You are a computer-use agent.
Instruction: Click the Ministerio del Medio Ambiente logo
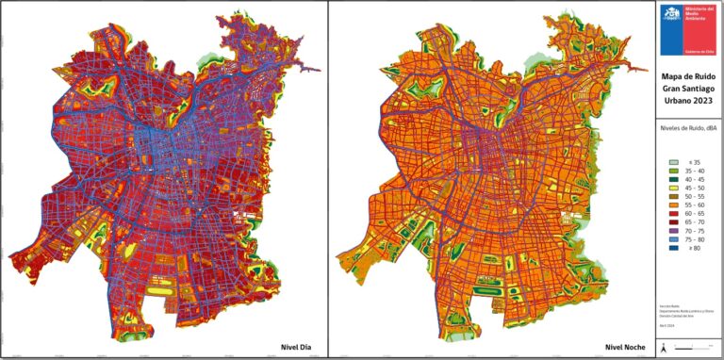(671, 16)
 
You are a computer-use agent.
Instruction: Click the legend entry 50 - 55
(690, 196)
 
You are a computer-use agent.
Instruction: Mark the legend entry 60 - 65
(690, 213)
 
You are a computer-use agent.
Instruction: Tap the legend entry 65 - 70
(690, 221)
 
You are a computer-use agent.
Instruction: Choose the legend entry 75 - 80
(690, 238)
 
